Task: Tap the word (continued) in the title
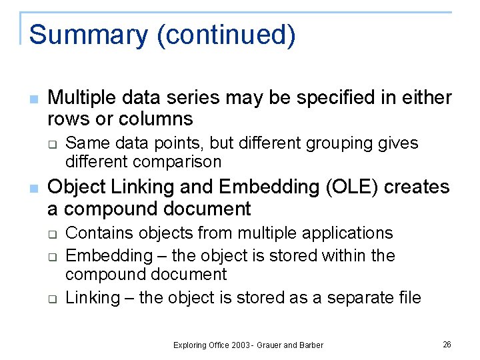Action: tap(225, 35)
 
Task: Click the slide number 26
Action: tap(447, 344)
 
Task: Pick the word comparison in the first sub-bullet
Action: tap(177, 161)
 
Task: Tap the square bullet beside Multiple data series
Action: tap(34, 99)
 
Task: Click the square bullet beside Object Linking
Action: tap(34, 188)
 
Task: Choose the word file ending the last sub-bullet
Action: tap(408, 297)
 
